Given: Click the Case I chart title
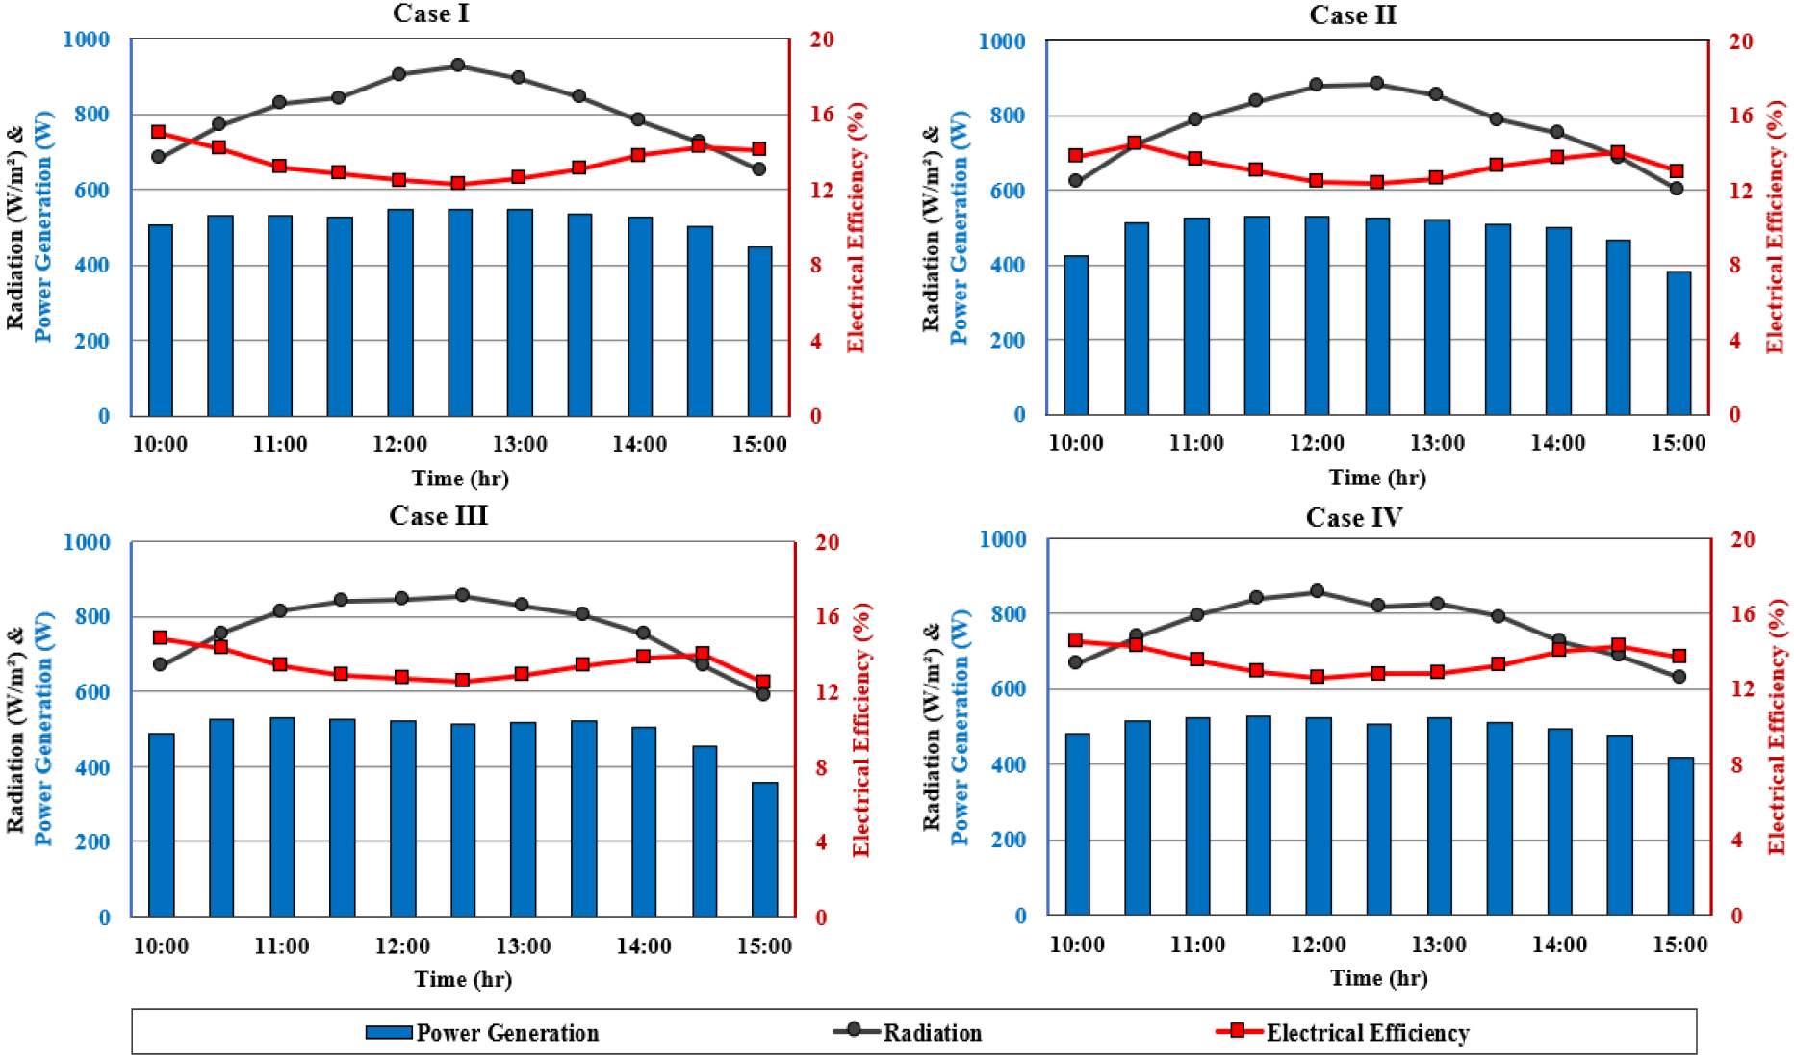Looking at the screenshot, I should click(x=430, y=13).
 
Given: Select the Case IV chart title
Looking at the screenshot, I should click(x=1353, y=517).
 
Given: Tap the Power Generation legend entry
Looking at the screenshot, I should click(x=483, y=1032).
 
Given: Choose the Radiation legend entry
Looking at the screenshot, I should click(x=910, y=1032).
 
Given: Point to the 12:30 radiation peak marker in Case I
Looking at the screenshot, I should click(x=458, y=65).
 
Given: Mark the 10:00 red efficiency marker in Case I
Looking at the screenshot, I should click(x=159, y=132).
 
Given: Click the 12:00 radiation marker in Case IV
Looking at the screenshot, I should click(x=1318, y=591).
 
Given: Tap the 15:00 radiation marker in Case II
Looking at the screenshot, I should click(x=1677, y=188).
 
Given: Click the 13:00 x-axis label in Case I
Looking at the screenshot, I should click(x=520, y=444).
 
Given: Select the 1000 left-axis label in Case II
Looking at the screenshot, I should click(x=1002, y=41).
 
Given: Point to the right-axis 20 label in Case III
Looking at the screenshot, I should click(x=827, y=542).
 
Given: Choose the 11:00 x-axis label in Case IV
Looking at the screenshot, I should click(x=1197, y=945).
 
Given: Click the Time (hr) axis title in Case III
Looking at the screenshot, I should click(x=463, y=979).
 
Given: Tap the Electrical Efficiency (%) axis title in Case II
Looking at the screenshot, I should click(x=1775, y=227).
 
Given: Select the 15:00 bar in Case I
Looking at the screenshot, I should click(x=759, y=331).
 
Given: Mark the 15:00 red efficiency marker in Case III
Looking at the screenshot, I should click(x=763, y=682).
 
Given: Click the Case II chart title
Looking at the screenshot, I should click(x=1352, y=15).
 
